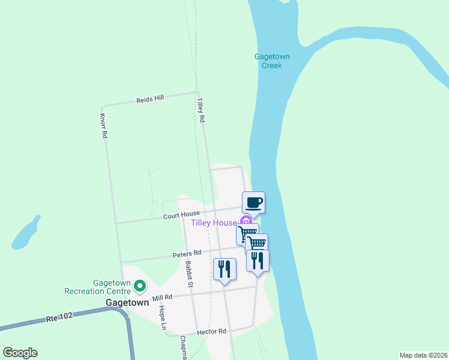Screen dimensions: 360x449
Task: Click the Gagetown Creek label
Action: pos(272,61)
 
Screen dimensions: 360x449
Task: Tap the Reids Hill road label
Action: pos(150,98)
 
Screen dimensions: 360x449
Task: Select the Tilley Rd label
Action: pos(201,112)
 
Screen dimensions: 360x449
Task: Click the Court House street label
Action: pos(181,215)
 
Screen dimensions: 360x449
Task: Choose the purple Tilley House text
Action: pos(214,223)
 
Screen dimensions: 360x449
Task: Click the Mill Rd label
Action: pos(162,297)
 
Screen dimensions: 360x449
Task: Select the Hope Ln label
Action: pos(161,317)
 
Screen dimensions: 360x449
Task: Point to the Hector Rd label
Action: pos(212,331)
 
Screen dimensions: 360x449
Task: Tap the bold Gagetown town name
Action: pos(127,303)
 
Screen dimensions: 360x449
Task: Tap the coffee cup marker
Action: pos(253,202)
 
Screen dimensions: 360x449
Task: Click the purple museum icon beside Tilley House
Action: pos(245,221)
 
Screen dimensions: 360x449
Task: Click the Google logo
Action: pos(20,353)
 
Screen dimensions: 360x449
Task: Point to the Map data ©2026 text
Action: pos(423,355)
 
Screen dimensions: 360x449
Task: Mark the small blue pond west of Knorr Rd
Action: pos(25,233)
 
